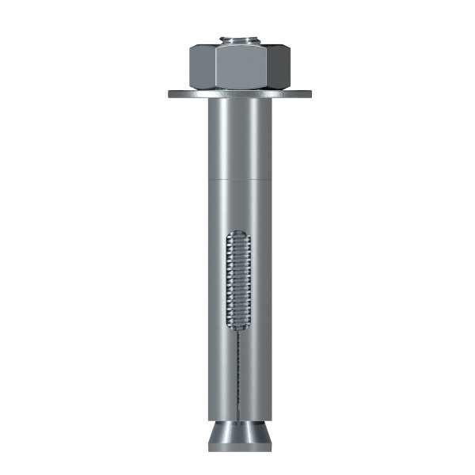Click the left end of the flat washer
coord(171,93)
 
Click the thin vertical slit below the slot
coord(238,372)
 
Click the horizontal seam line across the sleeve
coord(238,180)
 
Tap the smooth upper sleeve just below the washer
coord(238,135)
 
